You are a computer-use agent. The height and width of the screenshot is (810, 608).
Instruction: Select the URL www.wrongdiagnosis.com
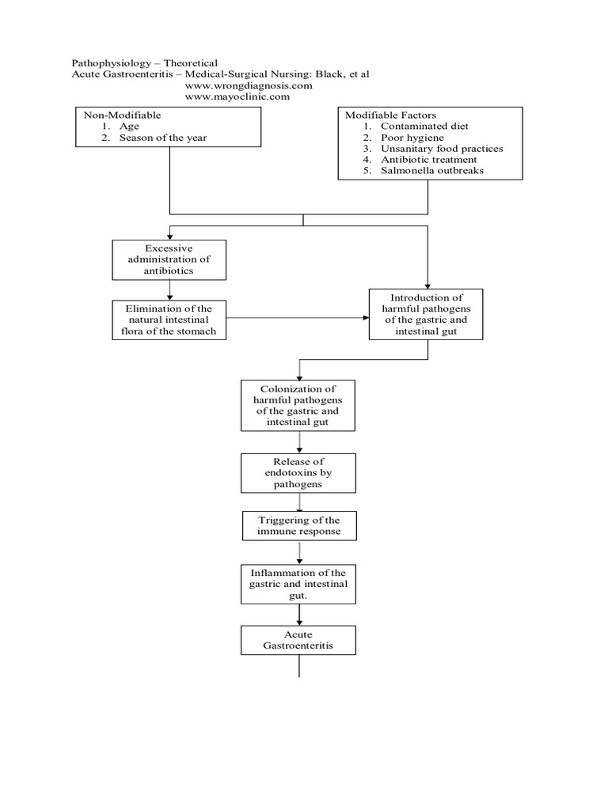(249, 85)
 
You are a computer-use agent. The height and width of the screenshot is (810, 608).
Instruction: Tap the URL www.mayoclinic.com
(237, 97)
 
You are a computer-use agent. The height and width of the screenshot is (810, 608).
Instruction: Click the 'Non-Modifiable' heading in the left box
(122, 115)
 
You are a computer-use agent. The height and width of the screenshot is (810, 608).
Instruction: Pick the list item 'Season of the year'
(163, 138)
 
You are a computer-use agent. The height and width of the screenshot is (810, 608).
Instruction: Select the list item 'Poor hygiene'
(413, 138)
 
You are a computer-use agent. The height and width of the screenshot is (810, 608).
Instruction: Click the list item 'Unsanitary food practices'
(441, 149)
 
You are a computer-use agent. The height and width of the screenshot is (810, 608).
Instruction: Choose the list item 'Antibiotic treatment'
(428, 160)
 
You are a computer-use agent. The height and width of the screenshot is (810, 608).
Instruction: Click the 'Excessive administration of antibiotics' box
(169, 259)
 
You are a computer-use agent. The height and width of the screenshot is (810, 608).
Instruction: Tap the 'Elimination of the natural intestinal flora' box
(169, 320)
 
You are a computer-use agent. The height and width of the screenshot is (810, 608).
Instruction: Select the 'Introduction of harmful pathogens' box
(427, 314)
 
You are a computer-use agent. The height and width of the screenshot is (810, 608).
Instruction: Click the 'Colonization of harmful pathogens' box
(298, 406)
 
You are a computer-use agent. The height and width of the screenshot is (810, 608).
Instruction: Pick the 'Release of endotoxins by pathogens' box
(298, 472)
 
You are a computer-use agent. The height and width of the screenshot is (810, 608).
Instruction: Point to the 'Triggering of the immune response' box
(298, 525)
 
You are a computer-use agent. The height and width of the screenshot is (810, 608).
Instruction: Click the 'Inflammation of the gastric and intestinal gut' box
(298, 583)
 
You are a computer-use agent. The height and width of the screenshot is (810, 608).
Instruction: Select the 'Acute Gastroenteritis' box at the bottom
(298, 640)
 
